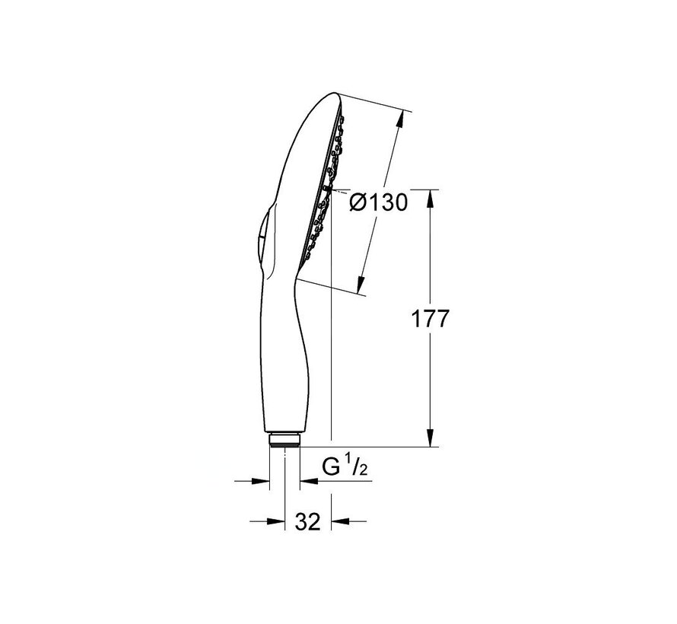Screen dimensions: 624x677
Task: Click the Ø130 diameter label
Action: point(379,203)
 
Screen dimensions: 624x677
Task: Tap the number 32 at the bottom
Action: point(307,522)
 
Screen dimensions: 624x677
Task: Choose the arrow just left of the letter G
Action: point(309,481)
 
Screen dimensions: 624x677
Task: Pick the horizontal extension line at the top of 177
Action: point(380,189)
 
